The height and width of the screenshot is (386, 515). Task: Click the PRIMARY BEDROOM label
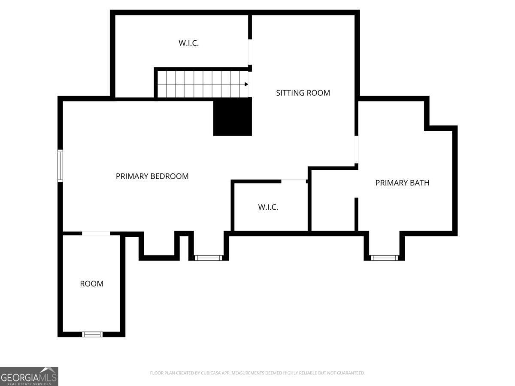click(x=152, y=176)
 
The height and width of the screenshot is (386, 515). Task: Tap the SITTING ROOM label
click(x=303, y=93)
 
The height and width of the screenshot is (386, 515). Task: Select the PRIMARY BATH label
click(x=402, y=183)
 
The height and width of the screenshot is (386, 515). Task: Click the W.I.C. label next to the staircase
click(x=188, y=43)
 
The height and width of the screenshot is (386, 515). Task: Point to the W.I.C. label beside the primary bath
click(x=268, y=207)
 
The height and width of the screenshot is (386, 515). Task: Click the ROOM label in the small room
click(x=91, y=283)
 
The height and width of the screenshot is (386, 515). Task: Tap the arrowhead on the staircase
click(x=246, y=84)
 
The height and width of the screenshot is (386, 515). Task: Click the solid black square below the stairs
click(x=233, y=117)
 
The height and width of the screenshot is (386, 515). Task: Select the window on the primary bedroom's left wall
click(x=61, y=166)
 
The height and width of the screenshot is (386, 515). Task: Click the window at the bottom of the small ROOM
click(x=92, y=334)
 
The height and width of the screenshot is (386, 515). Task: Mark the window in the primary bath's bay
click(x=384, y=258)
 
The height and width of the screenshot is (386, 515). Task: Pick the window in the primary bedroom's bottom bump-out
click(x=209, y=258)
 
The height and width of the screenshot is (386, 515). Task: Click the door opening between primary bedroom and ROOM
click(x=96, y=233)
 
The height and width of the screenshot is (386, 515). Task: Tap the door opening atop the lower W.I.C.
click(x=294, y=181)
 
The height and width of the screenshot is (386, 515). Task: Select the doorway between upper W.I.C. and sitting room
click(x=250, y=52)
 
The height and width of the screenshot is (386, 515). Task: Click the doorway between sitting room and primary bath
click(x=356, y=150)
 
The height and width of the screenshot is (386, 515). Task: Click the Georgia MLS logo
click(x=29, y=376)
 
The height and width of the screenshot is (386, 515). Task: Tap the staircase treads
click(x=200, y=84)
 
